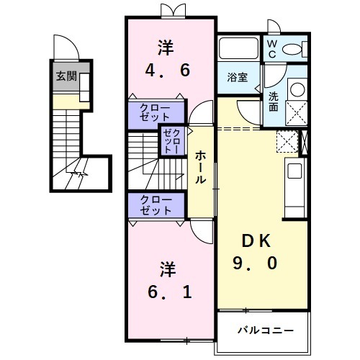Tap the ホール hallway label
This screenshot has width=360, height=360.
202,167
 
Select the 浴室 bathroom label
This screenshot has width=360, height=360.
238,78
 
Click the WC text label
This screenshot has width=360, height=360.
272,49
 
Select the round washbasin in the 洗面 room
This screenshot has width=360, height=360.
296,89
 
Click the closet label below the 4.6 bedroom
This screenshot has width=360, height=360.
156,113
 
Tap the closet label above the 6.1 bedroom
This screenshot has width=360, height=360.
156,205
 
